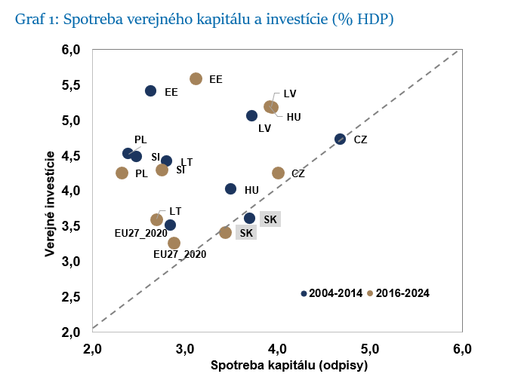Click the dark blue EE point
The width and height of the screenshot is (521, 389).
(x=150, y=91)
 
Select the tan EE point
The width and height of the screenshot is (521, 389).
(x=196, y=78)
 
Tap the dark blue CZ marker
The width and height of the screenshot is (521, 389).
(x=340, y=139)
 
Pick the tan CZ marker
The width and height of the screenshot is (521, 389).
(x=278, y=173)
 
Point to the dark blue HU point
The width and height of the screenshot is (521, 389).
(x=230, y=189)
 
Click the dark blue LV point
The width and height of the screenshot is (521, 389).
(x=251, y=115)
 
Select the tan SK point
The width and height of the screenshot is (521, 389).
(x=225, y=232)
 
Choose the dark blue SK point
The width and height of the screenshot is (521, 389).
(x=249, y=218)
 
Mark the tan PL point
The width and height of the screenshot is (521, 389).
(x=122, y=173)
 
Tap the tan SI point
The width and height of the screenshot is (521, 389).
(x=162, y=170)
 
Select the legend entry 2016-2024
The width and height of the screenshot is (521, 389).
(x=402, y=293)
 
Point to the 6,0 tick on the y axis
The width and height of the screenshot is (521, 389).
(x=70, y=50)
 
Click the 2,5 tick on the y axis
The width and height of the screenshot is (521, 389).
(x=70, y=297)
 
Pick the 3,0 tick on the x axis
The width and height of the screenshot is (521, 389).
(x=184, y=348)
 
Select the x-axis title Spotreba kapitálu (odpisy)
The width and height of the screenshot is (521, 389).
(x=277, y=366)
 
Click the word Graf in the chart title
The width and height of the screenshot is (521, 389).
(x=29, y=20)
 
